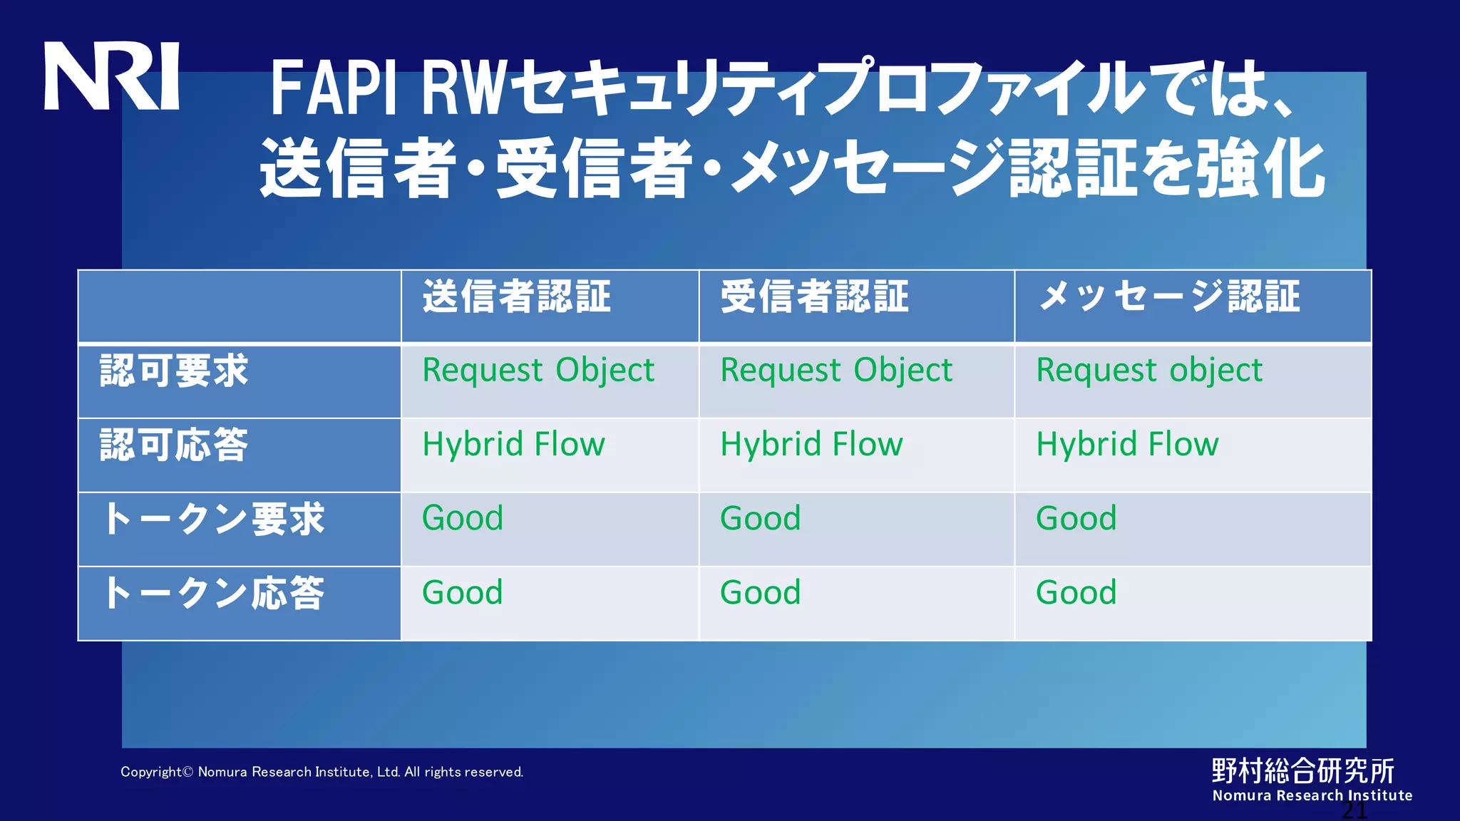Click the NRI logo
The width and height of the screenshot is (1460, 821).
[111, 76]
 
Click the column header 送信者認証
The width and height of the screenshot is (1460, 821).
[517, 296]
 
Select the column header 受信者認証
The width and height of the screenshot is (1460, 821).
[815, 296]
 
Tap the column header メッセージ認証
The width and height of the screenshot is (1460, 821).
[1169, 296]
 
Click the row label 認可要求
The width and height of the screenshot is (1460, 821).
[174, 371]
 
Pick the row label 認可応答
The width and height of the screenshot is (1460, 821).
[174, 445]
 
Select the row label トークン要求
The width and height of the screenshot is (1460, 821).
[213, 520]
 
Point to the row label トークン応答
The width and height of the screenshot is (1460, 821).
[213, 594]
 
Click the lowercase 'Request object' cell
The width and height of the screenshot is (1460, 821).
[1148, 371]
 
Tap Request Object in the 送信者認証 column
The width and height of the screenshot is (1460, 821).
[538, 371]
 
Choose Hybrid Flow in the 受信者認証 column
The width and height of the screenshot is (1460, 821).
[811, 445]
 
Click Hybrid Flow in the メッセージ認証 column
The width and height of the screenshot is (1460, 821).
[1127, 445]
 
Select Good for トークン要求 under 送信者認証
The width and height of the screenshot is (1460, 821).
[462, 518]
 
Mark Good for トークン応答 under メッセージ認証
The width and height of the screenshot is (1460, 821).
[1076, 592]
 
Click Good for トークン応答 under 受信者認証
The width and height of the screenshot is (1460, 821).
[760, 592]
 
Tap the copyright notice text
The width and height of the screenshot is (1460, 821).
[322, 772]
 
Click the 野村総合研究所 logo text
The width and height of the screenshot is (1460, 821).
[1302, 770]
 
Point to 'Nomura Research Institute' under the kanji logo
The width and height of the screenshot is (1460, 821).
[1312, 795]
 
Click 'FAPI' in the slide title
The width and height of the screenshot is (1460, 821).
[333, 88]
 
